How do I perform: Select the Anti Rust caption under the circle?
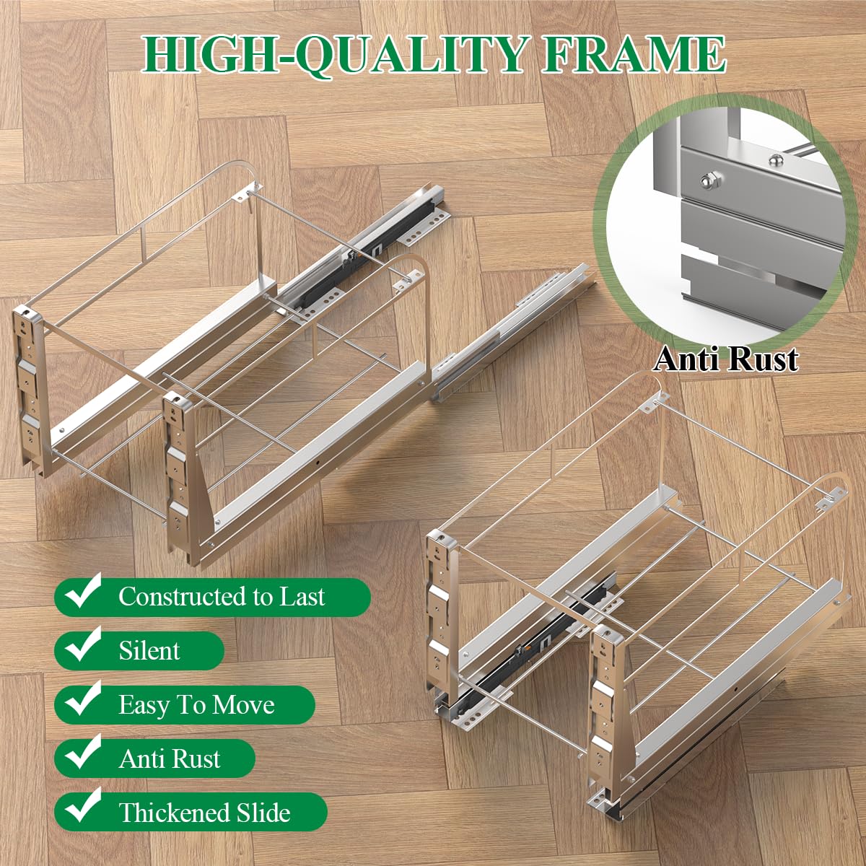click(726, 359)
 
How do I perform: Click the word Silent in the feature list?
click(149, 650)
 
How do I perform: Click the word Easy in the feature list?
click(143, 705)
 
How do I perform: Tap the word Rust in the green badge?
click(196, 758)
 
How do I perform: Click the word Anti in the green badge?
click(142, 758)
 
